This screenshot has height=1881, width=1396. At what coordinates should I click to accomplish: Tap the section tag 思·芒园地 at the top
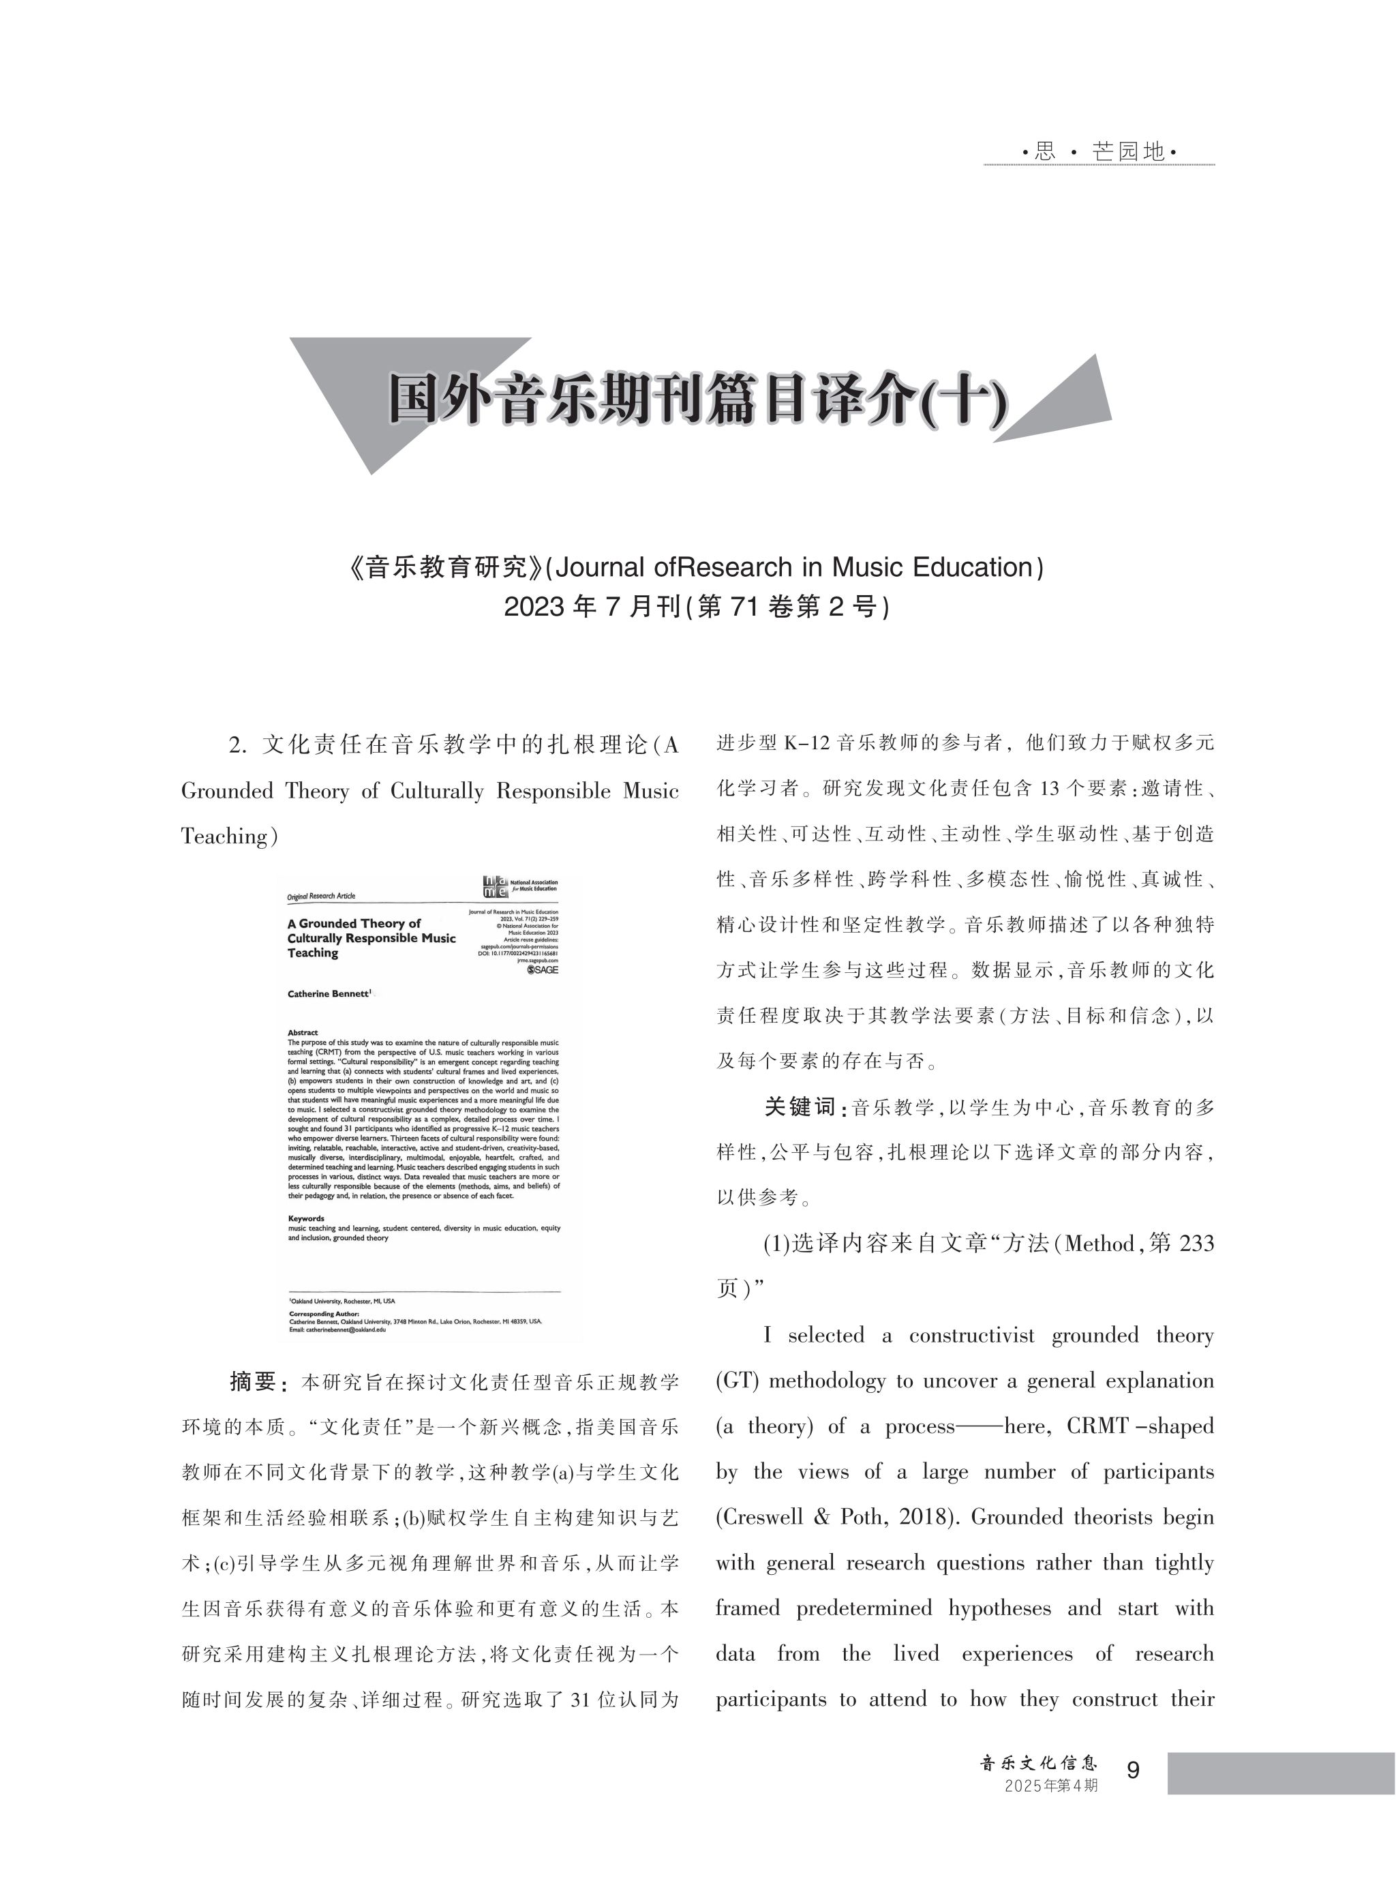coord(1099,152)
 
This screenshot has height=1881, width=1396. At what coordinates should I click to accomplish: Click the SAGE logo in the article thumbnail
coord(542,969)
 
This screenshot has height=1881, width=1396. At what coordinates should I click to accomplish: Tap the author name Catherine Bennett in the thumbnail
coord(329,994)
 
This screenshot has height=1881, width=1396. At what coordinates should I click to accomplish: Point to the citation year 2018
coord(927,1517)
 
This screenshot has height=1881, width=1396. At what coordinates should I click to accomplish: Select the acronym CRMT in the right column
coord(1097,1426)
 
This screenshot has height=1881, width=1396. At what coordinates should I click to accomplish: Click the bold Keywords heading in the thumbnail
coord(305,1218)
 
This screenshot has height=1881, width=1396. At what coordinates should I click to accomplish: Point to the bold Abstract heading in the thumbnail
coord(303,1032)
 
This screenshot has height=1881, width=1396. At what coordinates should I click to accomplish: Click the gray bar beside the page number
coord(1280,1773)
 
